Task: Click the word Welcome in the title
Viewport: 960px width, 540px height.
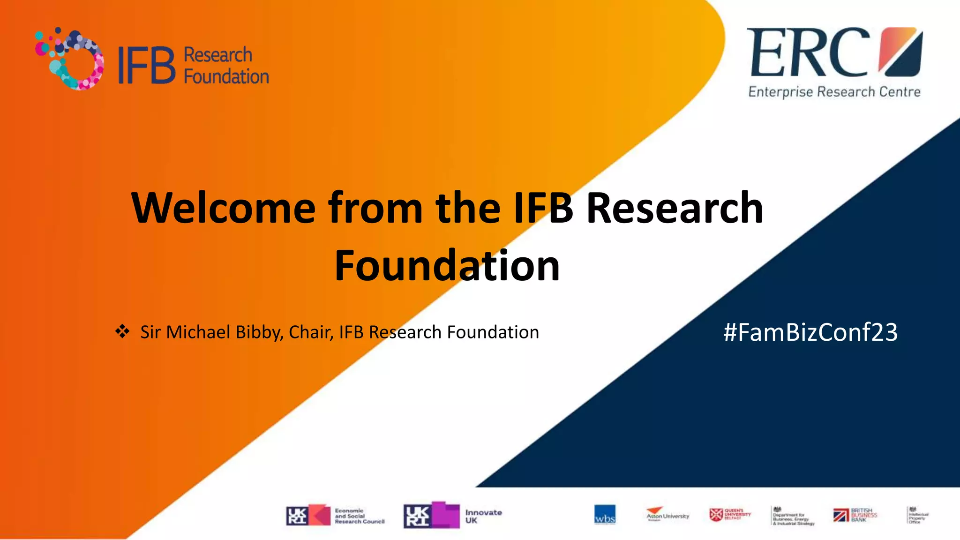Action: coord(224,208)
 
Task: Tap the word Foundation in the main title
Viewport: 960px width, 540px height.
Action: coord(447,266)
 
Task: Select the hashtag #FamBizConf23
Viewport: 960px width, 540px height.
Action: coord(810,332)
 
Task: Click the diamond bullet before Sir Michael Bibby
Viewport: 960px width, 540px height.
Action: coord(122,331)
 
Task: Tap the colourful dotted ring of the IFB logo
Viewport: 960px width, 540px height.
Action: coord(70,59)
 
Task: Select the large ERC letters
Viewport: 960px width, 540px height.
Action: coord(809,52)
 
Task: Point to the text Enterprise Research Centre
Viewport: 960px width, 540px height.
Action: coord(834,92)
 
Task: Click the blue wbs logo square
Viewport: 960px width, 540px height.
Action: coord(605,515)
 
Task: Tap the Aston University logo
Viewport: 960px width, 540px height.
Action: coord(667,514)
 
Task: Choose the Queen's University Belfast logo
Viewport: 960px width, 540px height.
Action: coord(730,515)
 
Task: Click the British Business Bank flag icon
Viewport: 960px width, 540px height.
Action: coord(840,515)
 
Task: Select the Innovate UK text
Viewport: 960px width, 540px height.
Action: coord(483,516)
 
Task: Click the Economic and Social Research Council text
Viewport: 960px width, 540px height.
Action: coord(360,516)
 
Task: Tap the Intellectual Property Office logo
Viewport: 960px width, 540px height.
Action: coord(917,516)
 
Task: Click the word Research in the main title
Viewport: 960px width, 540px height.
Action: coord(675,208)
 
